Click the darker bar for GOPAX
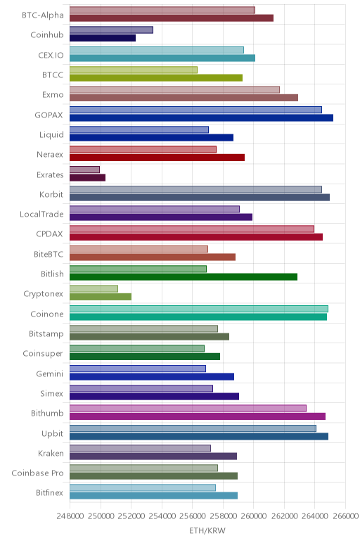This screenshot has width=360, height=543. [201, 117]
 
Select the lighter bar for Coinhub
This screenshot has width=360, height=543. [111, 30]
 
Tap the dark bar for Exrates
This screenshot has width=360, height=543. [87, 178]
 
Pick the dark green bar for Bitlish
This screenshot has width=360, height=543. [184, 276]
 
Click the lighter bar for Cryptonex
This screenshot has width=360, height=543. [94, 288]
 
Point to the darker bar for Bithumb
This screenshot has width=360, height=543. [198, 416]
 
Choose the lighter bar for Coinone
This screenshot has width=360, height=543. [199, 309]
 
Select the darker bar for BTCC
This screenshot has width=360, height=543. [156, 77]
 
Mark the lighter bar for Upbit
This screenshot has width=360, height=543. [193, 428]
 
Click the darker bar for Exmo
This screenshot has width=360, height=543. [184, 98]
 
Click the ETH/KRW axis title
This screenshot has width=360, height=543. [207, 530]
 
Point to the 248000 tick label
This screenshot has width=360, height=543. [70, 516]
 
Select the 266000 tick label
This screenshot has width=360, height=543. [345, 516]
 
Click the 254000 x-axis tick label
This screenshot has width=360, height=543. [162, 516]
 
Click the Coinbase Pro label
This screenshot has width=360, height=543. [37, 473]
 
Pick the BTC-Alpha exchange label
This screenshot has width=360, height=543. [43, 15]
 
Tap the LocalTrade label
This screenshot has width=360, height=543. [41, 215]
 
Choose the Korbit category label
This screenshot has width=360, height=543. [51, 194]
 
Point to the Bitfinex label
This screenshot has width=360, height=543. [49, 493]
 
